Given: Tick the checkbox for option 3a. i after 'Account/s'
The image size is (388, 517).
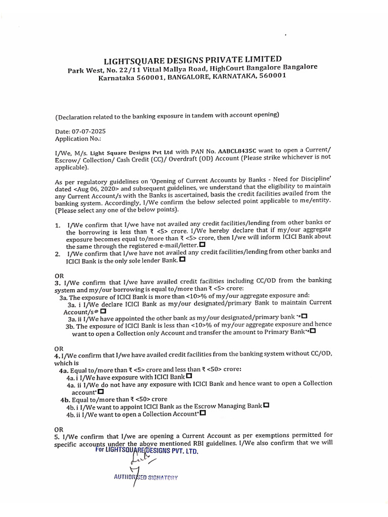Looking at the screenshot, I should pos(103,312).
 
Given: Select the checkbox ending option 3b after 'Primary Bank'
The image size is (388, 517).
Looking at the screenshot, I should pos(313,332).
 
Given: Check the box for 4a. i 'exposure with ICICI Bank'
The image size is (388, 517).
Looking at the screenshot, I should pos(189,376).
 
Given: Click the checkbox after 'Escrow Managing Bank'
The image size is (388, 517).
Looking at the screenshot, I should pos(266,405).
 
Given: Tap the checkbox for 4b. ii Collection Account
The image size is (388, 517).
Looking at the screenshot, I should pos(203,413).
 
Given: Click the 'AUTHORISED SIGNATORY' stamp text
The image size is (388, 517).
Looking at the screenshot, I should pos(146,477).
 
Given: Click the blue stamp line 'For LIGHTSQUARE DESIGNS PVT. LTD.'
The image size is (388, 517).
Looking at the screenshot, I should pos(147,450).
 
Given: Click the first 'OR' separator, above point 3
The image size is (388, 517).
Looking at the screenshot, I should pos(59,275).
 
